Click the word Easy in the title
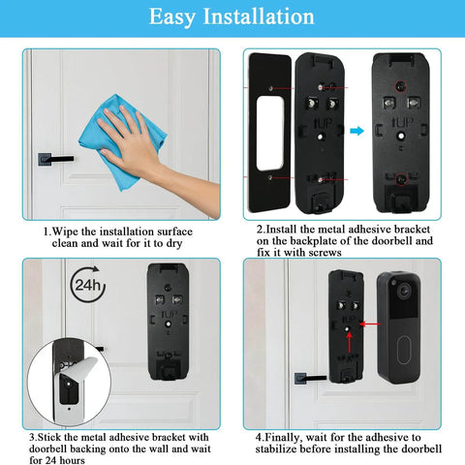point(179,16)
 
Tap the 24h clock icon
point(87,285)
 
